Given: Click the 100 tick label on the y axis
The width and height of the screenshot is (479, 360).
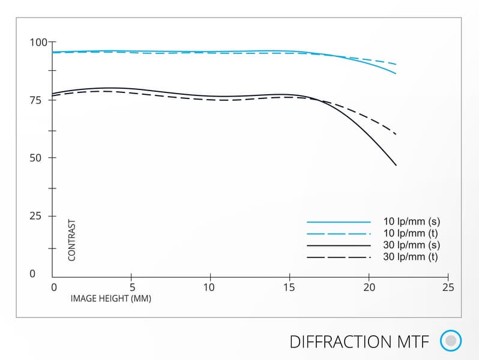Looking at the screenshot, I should click(x=38, y=43).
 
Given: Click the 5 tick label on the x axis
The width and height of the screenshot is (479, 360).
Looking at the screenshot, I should click(x=132, y=287).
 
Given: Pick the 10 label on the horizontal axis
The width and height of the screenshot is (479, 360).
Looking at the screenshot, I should click(x=210, y=287).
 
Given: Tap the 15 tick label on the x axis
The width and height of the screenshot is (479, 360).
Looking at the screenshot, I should click(x=289, y=287).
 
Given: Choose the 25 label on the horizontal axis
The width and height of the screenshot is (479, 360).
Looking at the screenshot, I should click(x=447, y=287).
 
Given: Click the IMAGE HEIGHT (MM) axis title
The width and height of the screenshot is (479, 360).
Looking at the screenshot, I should click(x=111, y=298).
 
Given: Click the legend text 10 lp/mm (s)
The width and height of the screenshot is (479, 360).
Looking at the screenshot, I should click(x=411, y=221).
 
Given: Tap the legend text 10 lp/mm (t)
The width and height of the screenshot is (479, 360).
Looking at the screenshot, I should click(x=411, y=233).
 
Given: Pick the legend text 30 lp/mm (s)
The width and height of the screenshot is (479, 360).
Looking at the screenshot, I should click(x=411, y=245).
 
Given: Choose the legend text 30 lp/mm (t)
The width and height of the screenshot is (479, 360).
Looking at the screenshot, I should click(x=411, y=257).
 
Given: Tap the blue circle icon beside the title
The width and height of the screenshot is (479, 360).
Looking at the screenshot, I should click(x=451, y=341).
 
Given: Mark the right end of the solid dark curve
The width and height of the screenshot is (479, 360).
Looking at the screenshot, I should click(x=396, y=165).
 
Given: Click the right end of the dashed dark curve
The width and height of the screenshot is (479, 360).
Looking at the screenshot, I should click(x=396, y=134).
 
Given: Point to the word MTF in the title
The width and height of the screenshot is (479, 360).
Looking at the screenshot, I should click(x=414, y=341).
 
